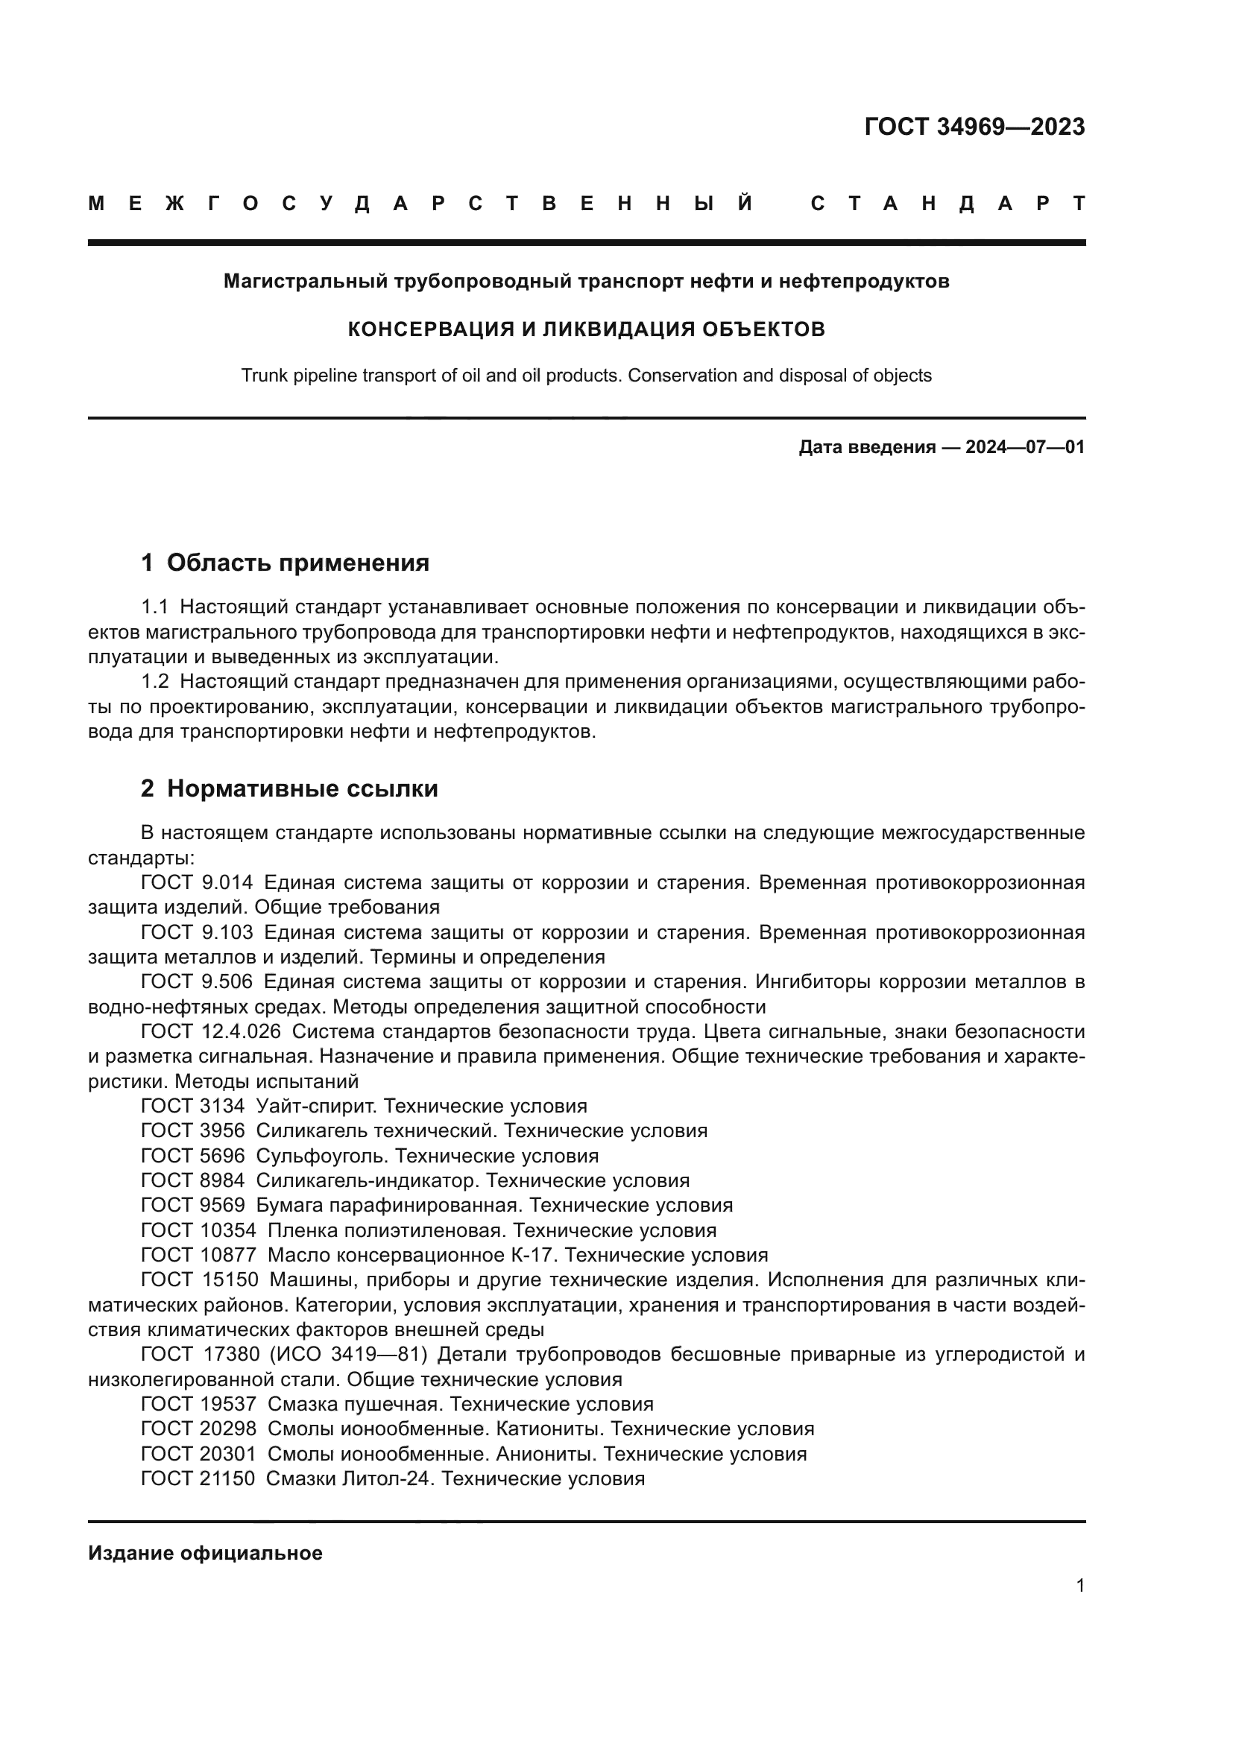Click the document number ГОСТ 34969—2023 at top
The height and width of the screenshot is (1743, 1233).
click(974, 127)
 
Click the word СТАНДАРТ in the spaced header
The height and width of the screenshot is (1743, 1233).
click(947, 203)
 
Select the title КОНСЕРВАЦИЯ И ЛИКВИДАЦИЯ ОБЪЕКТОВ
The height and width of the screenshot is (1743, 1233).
click(586, 329)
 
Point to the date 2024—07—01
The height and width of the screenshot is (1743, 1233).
click(1025, 447)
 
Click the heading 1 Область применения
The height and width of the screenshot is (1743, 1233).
click(285, 563)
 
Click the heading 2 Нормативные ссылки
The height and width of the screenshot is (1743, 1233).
click(289, 788)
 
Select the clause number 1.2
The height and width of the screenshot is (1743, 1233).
click(155, 682)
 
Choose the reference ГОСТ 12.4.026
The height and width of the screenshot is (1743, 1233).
click(210, 1031)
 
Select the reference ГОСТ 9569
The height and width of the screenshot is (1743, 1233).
click(193, 1205)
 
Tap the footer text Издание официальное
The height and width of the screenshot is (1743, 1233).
click(205, 1553)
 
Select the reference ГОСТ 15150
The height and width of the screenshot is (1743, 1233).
click(200, 1279)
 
